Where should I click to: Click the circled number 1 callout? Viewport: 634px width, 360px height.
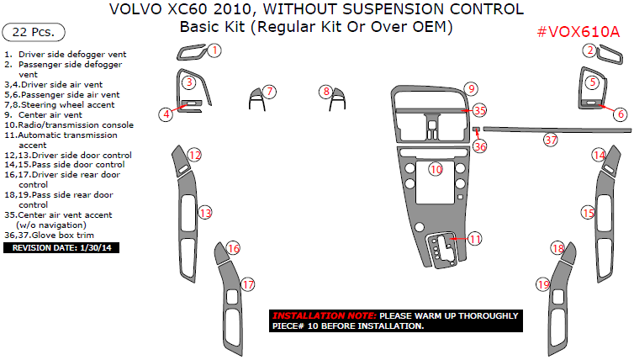(214, 50)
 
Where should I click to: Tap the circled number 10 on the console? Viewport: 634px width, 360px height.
(436, 169)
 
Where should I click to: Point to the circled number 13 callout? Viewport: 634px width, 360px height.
(205, 214)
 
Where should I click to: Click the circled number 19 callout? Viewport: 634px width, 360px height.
(543, 285)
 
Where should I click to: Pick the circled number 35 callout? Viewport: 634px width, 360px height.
(479, 110)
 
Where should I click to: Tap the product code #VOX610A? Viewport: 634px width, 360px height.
(579, 32)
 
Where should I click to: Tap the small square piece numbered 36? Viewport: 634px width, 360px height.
(476, 130)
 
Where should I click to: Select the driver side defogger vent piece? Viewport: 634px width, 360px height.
(193, 56)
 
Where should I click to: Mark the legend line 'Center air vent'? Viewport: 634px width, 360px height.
(50, 114)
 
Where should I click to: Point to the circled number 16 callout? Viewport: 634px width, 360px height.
(233, 248)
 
